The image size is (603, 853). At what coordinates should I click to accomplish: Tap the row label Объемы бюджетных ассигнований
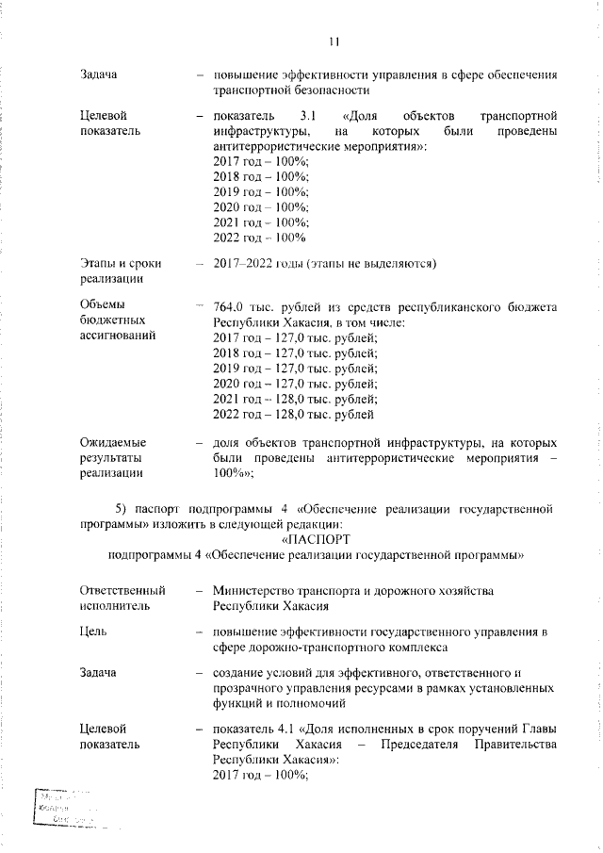coord(118,320)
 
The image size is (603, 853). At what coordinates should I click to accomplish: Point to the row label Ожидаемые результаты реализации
coord(118,457)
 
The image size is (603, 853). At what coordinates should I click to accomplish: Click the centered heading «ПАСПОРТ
coord(316,539)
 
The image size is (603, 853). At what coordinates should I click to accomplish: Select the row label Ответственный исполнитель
coord(122,599)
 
